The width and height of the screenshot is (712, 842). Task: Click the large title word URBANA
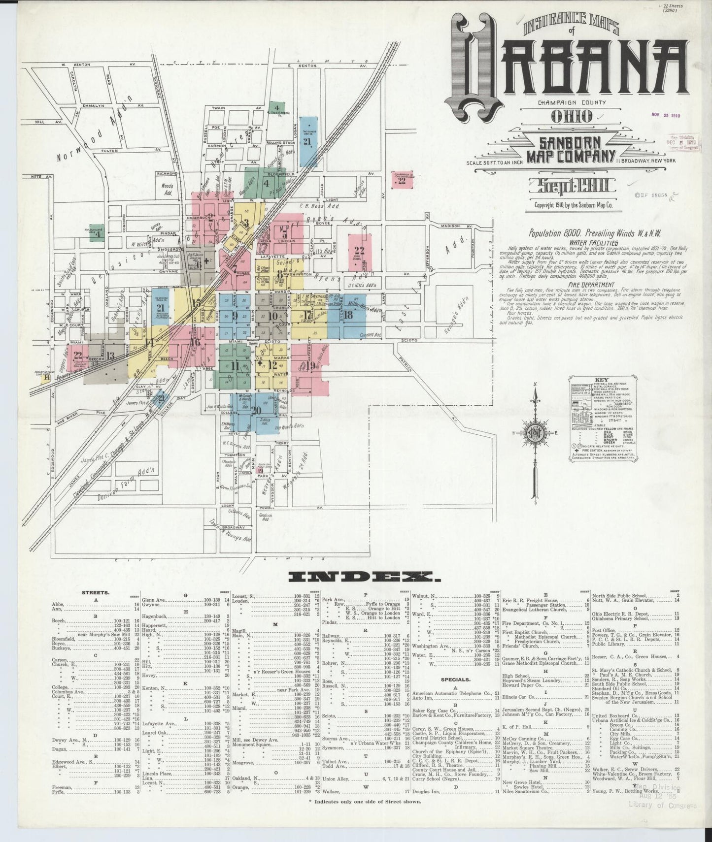coord(567,64)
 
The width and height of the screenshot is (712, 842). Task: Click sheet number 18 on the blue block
coord(348,315)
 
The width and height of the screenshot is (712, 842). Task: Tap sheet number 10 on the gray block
coord(273,316)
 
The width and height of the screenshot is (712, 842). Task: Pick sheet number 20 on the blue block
coord(255,410)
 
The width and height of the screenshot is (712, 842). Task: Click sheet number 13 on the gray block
coord(110,355)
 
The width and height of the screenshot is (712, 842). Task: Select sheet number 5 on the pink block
coord(284,235)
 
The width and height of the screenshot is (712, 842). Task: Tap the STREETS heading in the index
coord(96,593)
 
